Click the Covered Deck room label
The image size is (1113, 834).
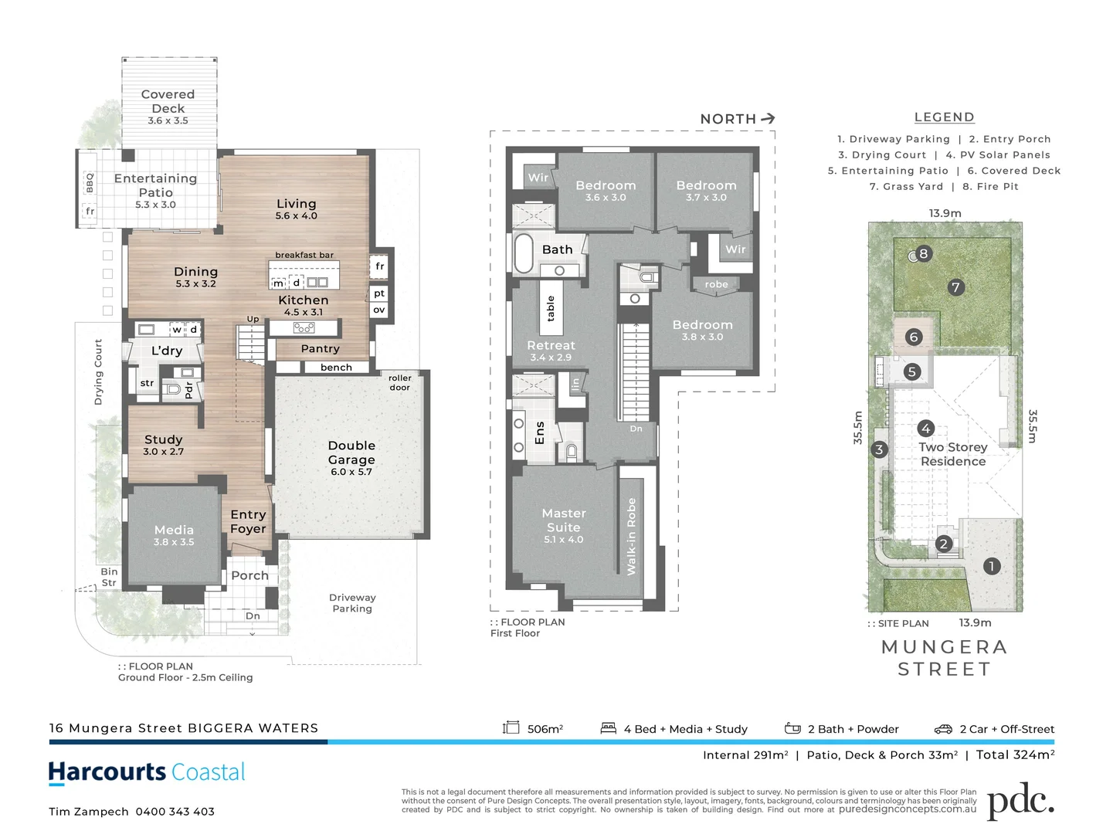(x=168, y=102)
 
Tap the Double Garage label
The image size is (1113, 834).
(x=351, y=453)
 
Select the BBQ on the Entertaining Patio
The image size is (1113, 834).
(x=90, y=183)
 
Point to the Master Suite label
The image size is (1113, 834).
(x=564, y=520)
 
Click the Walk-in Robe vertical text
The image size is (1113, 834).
(x=631, y=537)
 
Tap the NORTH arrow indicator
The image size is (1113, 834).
(x=767, y=118)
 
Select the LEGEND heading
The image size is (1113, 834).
(x=944, y=117)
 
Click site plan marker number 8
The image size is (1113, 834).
(x=923, y=253)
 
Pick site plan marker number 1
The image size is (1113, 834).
(x=992, y=566)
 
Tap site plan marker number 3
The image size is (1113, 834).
(x=879, y=449)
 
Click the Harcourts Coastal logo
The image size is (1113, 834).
(x=147, y=772)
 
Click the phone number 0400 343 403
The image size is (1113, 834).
(x=175, y=812)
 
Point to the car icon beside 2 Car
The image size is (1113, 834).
(x=943, y=729)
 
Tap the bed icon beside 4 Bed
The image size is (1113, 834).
(x=609, y=728)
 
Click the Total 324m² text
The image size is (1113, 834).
(x=1015, y=755)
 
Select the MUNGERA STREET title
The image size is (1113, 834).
(x=944, y=658)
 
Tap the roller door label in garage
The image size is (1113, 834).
(x=399, y=383)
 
